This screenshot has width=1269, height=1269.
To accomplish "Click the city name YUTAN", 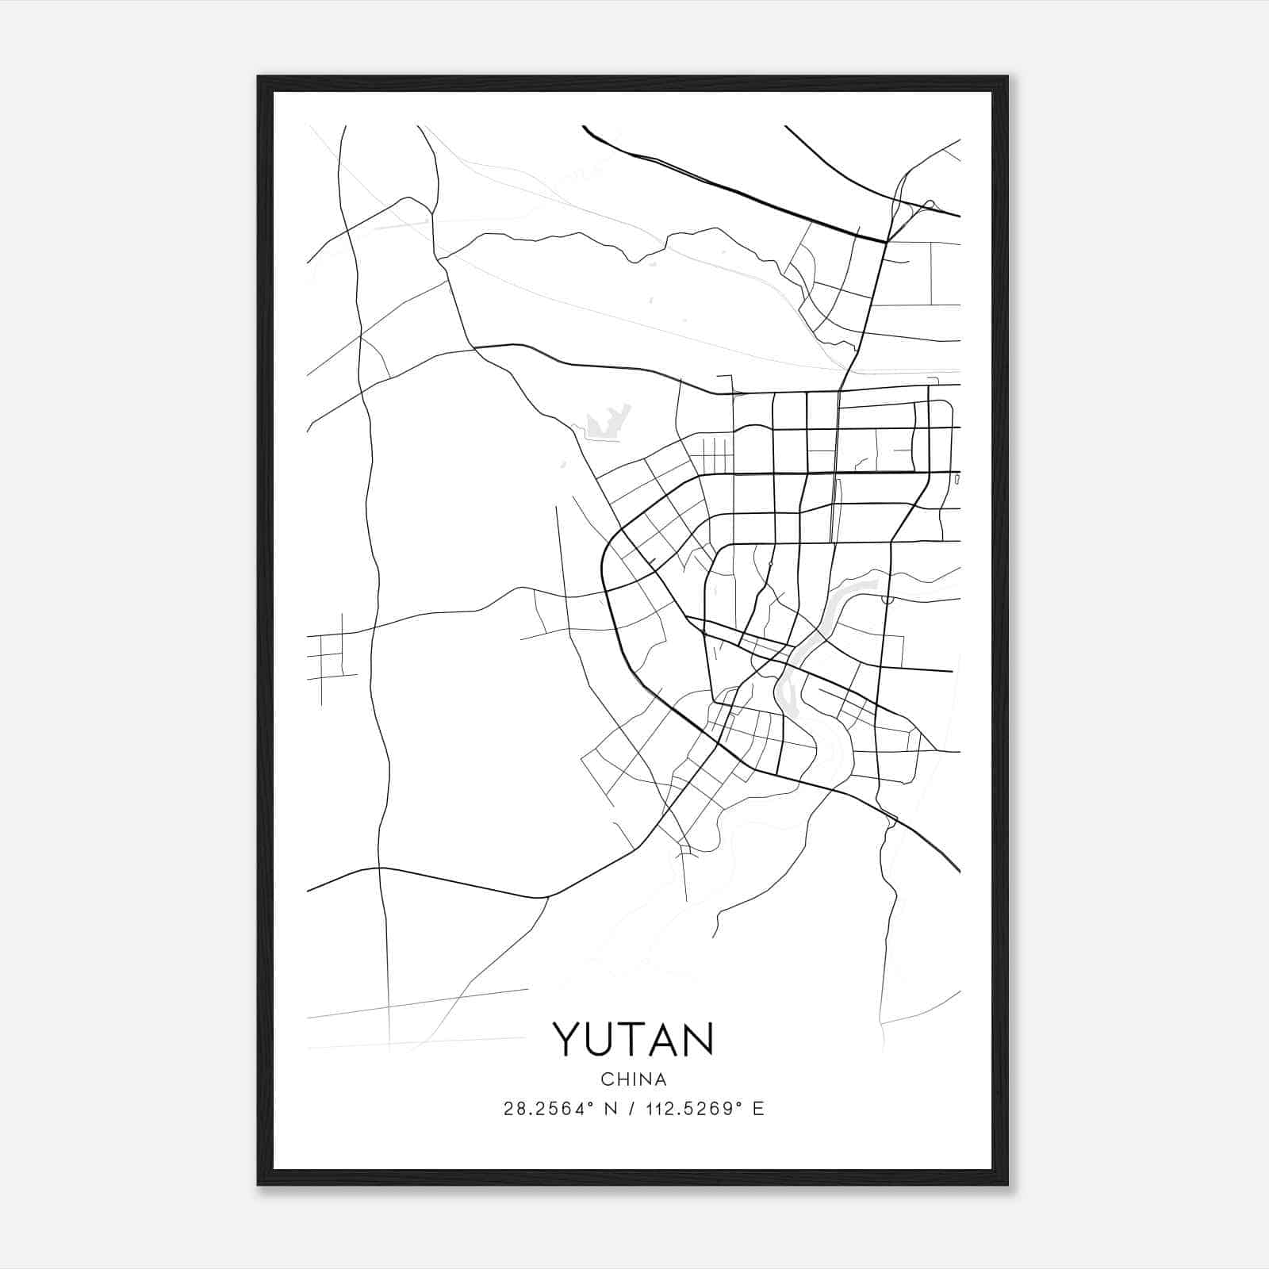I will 633,1039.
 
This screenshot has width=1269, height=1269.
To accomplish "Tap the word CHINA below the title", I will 634,1079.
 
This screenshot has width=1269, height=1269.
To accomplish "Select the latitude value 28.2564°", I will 548,1109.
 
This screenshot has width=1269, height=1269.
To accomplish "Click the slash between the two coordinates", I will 631,1109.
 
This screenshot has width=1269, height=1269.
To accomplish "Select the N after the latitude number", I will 611,1109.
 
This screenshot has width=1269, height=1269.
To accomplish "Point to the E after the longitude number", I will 758,1109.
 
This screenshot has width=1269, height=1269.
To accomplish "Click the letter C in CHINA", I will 607,1079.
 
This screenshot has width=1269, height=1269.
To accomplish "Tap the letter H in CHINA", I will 622,1079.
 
